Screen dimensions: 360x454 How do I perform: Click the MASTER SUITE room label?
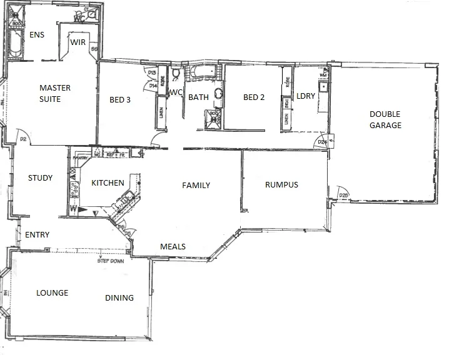tap(55, 93)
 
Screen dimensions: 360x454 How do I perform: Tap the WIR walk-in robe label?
tap(78, 42)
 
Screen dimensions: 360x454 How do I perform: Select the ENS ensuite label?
tap(37, 36)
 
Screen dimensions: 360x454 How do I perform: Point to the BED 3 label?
tap(120, 98)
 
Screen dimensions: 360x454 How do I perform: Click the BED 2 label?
tap(255, 97)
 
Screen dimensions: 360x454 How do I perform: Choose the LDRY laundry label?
tap(306, 96)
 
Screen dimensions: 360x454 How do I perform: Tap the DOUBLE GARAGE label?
tap(385, 119)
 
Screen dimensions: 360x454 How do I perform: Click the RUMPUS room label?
tap(281, 184)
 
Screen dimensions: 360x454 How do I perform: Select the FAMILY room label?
tap(196, 186)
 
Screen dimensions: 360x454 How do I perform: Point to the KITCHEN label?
tap(108, 182)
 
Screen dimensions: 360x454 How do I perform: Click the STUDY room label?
tap(40, 178)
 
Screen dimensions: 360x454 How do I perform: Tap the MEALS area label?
tap(173, 246)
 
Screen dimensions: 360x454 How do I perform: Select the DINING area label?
tap(119, 297)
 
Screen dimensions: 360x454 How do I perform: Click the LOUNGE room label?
tap(52, 292)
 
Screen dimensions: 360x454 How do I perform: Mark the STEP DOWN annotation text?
tap(111, 261)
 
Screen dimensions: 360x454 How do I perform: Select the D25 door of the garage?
tap(343, 194)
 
